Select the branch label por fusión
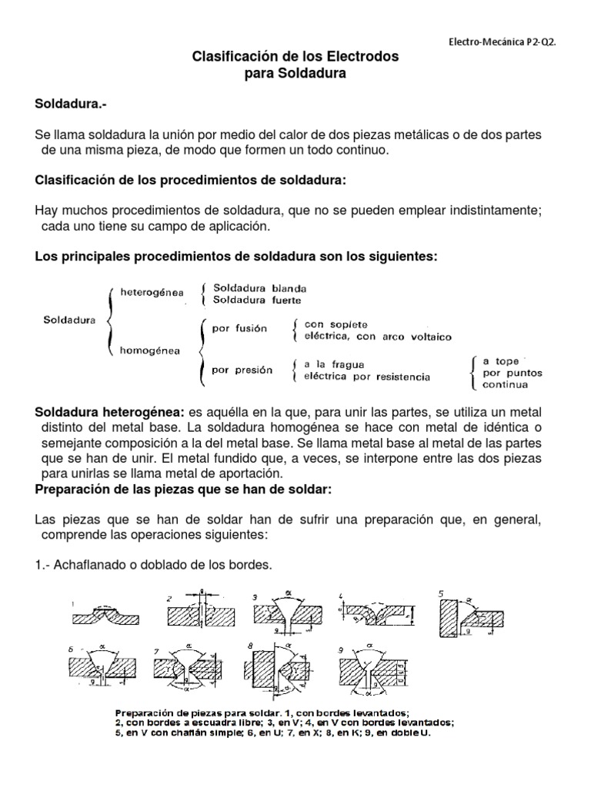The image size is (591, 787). tap(239, 328)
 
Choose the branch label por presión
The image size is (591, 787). tap(242, 370)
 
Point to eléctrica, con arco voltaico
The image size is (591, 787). tap(378, 337)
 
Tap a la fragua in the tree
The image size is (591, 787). tap(334, 364)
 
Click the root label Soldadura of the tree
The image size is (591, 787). tap(70, 320)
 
